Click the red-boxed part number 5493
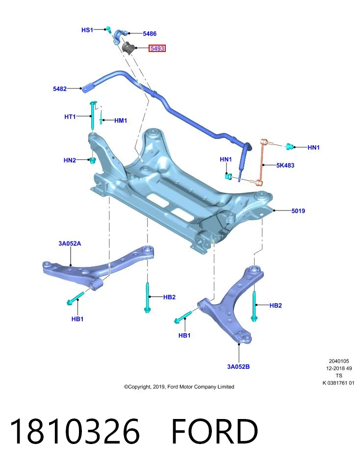pyautogui.click(x=157, y=48)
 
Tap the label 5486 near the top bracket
pyautogui.click(x=150, y=34)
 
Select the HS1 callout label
pyautogui.click(x=87, y=30)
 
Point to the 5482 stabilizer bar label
pyautogui.click(x=60, y=89)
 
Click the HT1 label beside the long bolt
pyautogui.click(x=70, y=117)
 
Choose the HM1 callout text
pyautogui.click(x=121, y=121)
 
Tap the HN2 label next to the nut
pyautogui.click(x=70, y=160)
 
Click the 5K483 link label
pyautogui.click(x=285, y=165)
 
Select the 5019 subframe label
pyautogui.click(x=298, y=211)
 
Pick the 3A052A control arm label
pyautogui.click(x=70, y=243)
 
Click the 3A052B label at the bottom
pyautogui.click(x=238, y=366)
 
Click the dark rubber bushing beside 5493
pyautogui.click(x=129, y=48)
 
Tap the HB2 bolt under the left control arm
pyautogui.click(x=148, y=297)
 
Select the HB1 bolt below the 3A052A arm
pyautogui.click(x=76, y=298)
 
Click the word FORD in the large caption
pyautogui.click(x=214, y=431)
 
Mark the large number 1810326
pyautogui.click(x=75, y=431)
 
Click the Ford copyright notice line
pyautogui.click(x=179, y=387)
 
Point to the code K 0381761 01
pyautogui.click(x=338, y=383)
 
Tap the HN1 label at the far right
pyautogui.click(x=313, y=148)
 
